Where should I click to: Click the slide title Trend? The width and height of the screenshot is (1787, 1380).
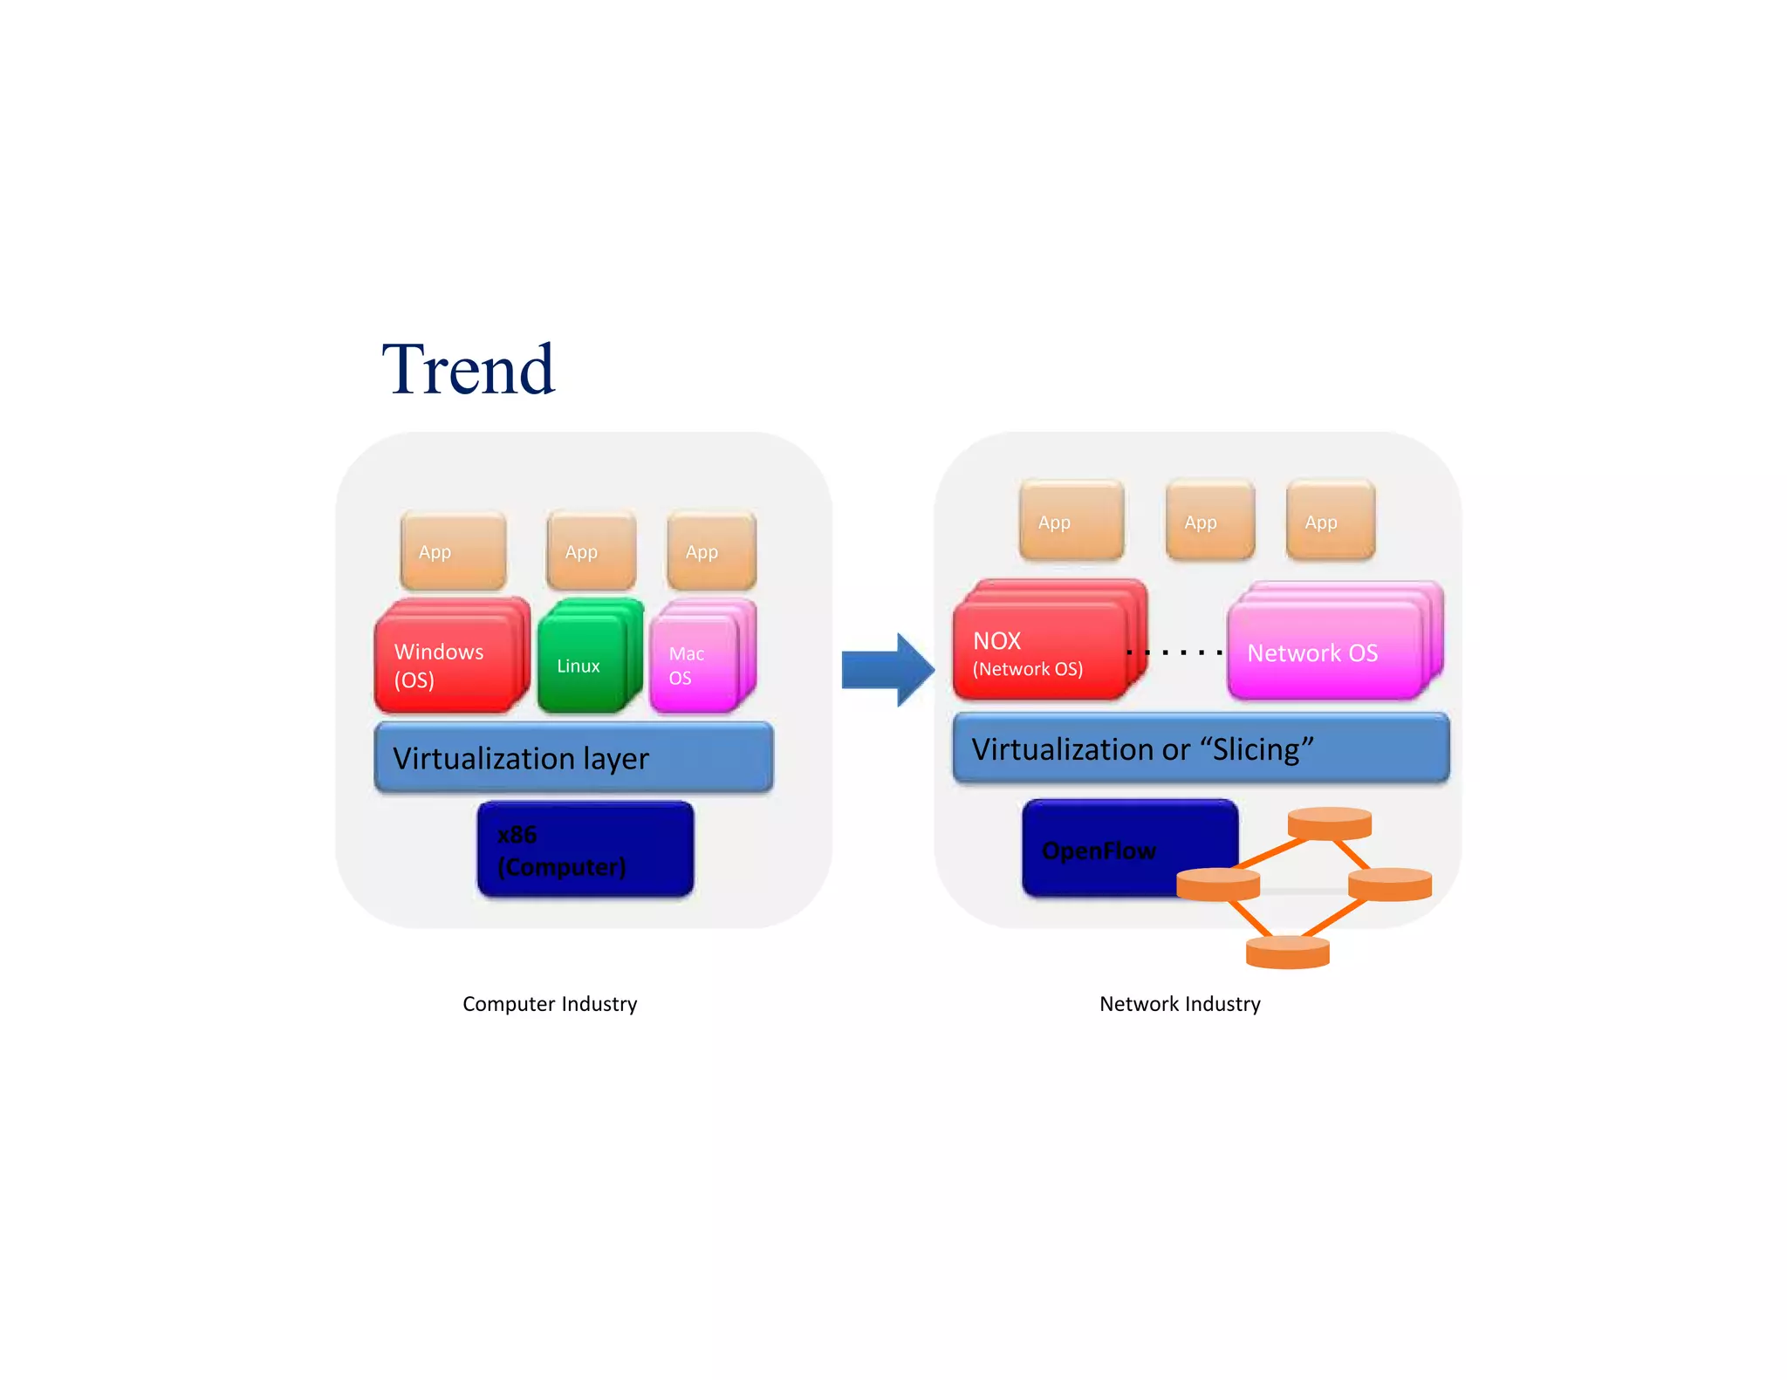coord(468,370)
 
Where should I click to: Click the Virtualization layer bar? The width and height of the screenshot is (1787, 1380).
coord(573,757)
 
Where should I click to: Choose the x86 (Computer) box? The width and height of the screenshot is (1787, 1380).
coord(585,850)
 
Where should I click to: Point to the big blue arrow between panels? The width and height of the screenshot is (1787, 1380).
coord(886,669)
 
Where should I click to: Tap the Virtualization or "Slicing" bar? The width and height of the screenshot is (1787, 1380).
coord(1201,748)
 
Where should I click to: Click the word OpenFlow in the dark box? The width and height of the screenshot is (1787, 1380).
coord(1099,851)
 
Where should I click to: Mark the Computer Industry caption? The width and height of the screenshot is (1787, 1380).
coord(550,1004)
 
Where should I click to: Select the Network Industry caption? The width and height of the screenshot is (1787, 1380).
coord(1180,1004)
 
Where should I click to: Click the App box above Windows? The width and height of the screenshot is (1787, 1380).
coord(453,551)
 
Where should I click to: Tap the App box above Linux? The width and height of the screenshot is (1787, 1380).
coord(591,551)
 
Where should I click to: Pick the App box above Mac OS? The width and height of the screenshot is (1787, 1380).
coord(711,551)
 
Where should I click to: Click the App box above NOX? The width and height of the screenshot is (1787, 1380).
coord(1071,522)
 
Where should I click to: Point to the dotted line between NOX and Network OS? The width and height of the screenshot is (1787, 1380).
coord(1174,652)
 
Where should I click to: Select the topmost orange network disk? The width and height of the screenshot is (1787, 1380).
coord(1329,823)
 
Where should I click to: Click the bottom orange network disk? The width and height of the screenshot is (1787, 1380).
coord(1287,952)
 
